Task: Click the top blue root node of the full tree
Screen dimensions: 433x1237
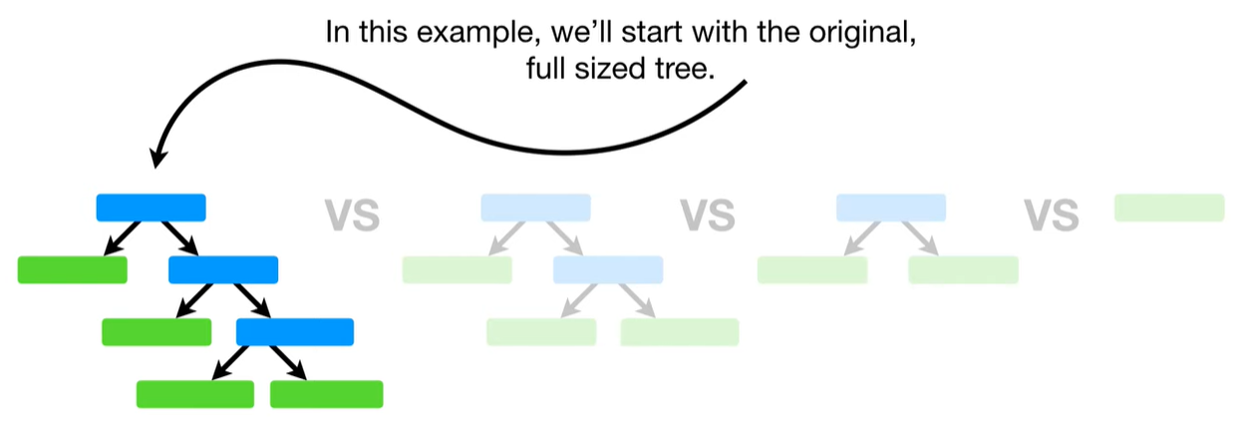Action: pos(151,207)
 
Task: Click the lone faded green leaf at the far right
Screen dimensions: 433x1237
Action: pos(1168,207)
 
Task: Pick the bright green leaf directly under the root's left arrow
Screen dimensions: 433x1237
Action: pos(73,269)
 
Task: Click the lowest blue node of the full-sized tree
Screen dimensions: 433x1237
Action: pos(294,331)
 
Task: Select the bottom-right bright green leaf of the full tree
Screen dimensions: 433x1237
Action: pos(326,394)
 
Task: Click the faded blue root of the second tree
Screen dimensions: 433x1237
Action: pos(535,207)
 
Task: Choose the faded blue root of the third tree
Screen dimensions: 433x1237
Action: pos(890,207)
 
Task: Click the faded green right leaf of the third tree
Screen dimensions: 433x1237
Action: pos(963,269)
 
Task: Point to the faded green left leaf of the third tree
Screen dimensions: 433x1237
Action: pos(811,269)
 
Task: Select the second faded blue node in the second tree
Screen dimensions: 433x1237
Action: pos(608,269)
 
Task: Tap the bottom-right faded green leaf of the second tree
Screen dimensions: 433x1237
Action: pos(679,331)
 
